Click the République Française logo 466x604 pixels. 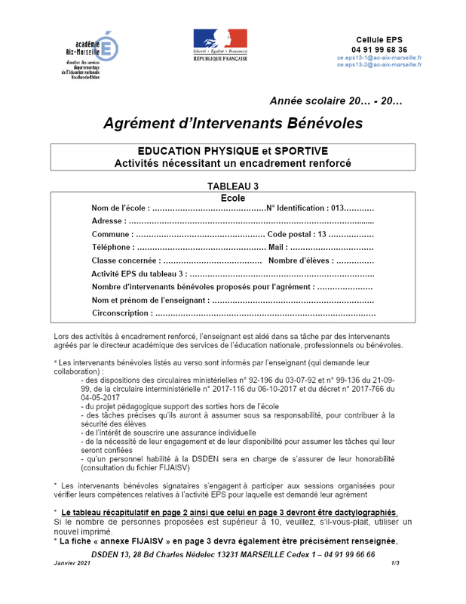click(220, 45)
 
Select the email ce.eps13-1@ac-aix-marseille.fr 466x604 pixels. click(379, 57)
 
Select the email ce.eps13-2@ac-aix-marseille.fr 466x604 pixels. click(379, 65)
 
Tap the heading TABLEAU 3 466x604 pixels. click(233, 186)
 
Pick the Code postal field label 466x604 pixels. click(289, 234)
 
